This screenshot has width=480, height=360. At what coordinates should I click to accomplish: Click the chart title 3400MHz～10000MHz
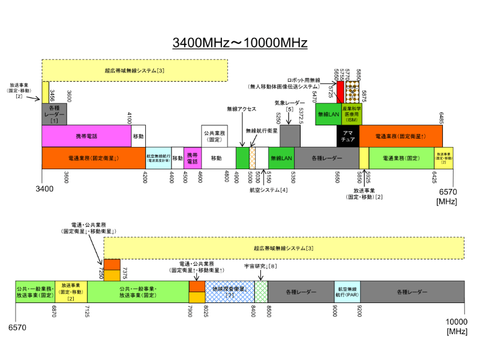(x=240, y=43)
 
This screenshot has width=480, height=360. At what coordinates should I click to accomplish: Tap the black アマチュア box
(x=347, y=136)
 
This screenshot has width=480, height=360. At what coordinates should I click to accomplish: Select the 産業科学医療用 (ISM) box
(x=352, y=114)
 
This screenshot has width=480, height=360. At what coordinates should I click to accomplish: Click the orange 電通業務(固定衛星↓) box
(x=94, y=158)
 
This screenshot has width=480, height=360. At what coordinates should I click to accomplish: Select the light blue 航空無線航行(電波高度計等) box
(x=158, y=158)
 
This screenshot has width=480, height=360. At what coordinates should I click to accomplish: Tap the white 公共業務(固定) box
(x=214, y=136)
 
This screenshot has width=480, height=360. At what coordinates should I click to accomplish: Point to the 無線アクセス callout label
(x=242, y=109)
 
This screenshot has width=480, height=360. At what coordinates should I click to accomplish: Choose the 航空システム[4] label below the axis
(x=269, y=190)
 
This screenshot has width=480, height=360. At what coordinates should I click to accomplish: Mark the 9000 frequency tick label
(x=334, y=310)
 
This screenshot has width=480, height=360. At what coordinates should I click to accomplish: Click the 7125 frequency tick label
(x=88, y=310)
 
